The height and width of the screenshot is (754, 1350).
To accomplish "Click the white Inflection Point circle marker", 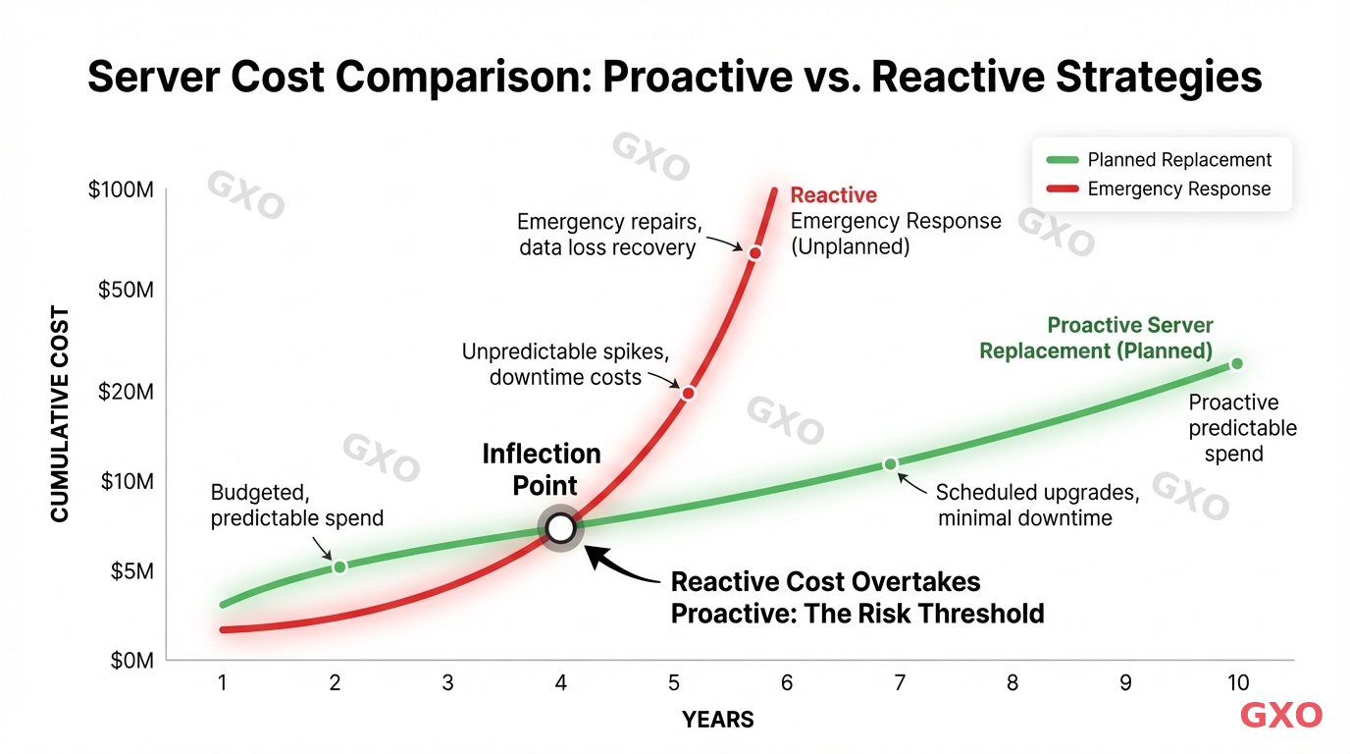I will pyautogui.click(x=560, y=528).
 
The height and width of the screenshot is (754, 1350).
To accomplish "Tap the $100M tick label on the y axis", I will pyautogui.click(x=120, y=189).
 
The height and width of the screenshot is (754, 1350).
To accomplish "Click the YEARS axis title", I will pyautogui.click(x=718, y=720).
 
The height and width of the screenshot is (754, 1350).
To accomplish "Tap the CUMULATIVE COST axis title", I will pyautogui.click(x=61, y=415).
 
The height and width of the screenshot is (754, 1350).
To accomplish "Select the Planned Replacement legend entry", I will pyautogui.click(x=1159, y=160).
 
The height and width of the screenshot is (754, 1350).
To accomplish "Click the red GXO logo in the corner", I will pyautogui.click(x=1281, y=716).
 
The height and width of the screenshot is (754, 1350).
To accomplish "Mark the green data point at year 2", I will pyautogui.click(x=339, y=566).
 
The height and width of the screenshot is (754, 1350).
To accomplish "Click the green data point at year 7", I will pyautogui.click(x=890, y=463).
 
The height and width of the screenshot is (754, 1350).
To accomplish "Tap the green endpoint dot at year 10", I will pyautogui.click(x=1236, y=364).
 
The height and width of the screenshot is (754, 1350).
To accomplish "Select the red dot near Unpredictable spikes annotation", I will pyautogui.click(x=688, y=393).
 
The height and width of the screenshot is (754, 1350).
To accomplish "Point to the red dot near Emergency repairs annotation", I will pyautogui.click(x=754, y=253).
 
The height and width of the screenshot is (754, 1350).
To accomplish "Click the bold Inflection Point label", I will pyautogui.click(x=541, y=468).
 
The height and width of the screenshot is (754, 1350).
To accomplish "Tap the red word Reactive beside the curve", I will pyautogui.click(x=833, y=195).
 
